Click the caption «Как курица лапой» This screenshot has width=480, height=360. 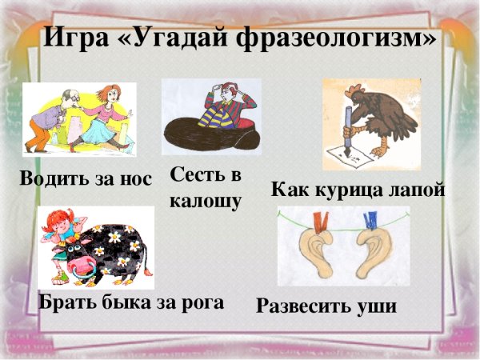(358, 190)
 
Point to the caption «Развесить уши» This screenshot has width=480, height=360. (326, 306)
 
